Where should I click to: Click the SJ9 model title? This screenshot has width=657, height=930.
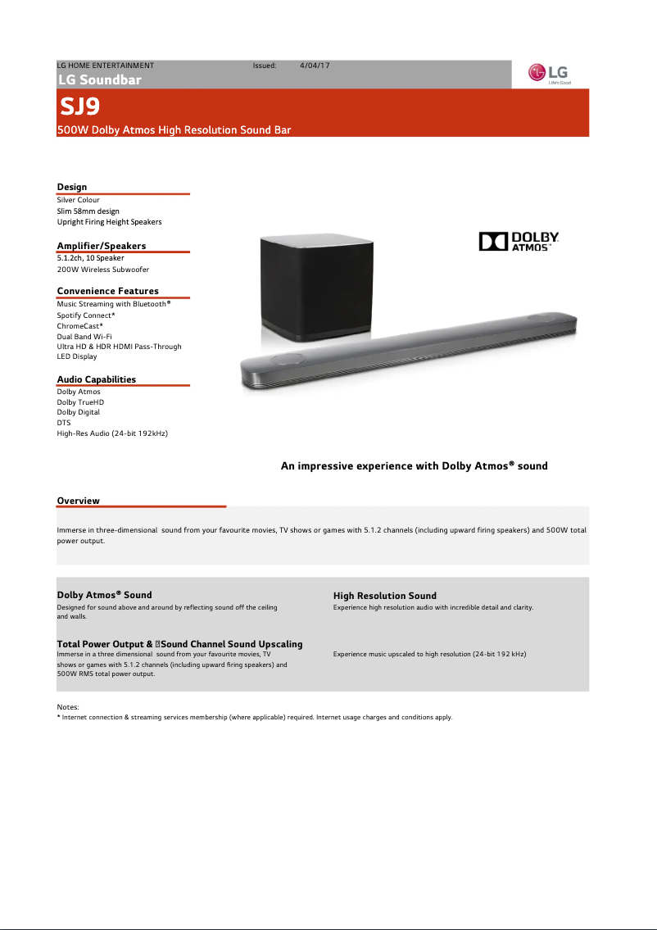(x=80, y=107)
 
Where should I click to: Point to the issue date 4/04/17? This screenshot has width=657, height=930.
(x=315, y=65)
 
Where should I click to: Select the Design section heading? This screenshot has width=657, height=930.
(x=72, y=187)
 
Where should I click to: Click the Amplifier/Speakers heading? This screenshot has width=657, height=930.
(x=102, y=246)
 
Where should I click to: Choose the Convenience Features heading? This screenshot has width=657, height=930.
(x=107, y=291)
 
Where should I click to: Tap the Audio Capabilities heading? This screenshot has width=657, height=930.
(x=96, y=379)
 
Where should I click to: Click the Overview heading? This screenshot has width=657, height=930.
(x=78, y=501)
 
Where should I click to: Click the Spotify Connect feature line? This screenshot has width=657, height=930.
(x=86, y=315)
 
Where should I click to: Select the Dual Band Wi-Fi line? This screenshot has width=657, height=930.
(x=84, y=336)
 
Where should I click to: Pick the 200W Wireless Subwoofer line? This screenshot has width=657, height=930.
(x=103, y=269)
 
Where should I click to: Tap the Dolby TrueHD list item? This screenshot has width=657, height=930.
(x=80, y=402)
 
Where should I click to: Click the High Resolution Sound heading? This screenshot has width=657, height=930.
(x=384, y=596)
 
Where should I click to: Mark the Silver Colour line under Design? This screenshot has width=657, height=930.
(x=78, y=200)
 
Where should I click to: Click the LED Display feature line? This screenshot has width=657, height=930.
(x=77, y=356)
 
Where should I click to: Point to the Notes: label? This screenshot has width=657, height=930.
(x=67, y=706)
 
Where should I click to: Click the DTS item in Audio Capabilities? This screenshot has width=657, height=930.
(x=64, y=423)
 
